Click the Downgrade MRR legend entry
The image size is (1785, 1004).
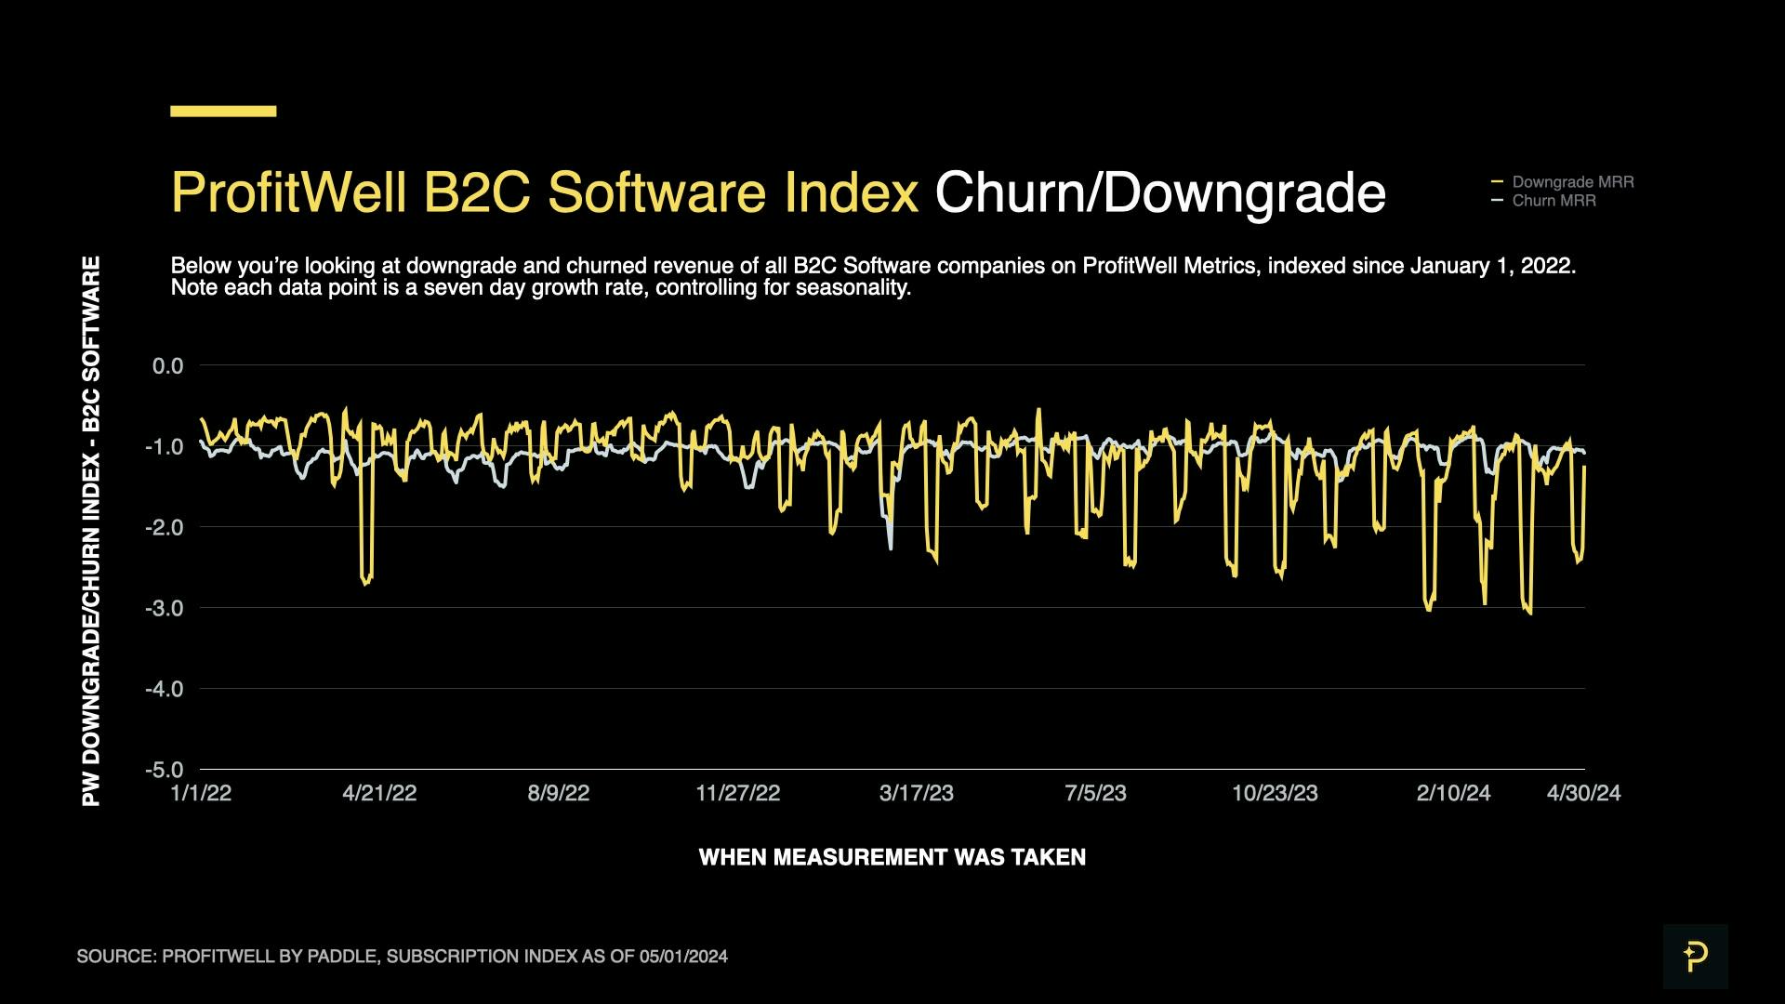[1572, 182]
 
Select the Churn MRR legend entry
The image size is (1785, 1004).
[1554, 201]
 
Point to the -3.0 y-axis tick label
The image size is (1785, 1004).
[165, 608]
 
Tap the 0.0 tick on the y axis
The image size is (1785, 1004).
[168, 366]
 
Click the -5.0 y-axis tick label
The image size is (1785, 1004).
[165, 770]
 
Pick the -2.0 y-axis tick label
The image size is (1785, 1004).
[165, 527]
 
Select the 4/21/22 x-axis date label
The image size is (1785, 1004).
[379, 793]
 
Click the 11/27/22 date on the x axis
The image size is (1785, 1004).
[738, 793]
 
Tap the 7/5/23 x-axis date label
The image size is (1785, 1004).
[1095, 793]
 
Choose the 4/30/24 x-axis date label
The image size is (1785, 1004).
[1583, 793]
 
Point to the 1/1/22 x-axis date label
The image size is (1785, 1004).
[201, 793]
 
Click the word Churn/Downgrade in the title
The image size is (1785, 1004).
[1159, 193]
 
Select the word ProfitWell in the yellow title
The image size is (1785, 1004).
[289, 193]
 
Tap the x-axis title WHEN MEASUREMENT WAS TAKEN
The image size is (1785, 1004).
[892, 857]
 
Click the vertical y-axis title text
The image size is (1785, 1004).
[91, 531]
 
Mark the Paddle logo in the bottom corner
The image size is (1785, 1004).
[1695, 956]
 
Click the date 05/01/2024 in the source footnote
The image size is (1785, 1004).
[683, 957]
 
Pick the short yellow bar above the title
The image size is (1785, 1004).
[223, 112]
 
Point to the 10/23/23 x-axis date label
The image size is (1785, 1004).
[1275, 793]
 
